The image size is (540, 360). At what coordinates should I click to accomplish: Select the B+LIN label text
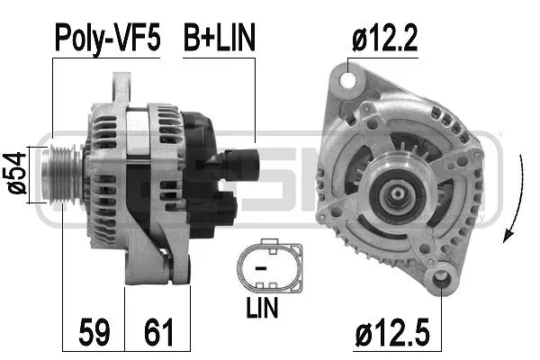pos(220,37)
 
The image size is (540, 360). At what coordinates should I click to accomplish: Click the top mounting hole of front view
pos(347,80)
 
